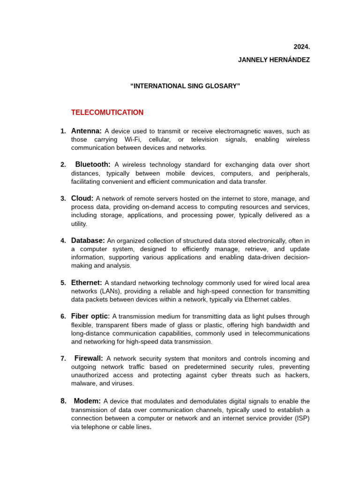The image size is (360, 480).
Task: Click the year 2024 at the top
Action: pos(301,47)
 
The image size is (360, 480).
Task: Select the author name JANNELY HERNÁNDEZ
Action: pos(274,60)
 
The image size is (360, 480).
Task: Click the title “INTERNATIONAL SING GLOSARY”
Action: pos(185,86)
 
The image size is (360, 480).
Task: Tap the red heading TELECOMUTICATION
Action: pos(107,112)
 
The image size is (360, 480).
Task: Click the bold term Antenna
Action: pos(86,131)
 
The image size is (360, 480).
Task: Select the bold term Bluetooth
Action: pos(93,165)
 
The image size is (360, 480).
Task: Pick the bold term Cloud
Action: pos(82,198)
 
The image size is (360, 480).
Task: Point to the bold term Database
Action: pos(88,240)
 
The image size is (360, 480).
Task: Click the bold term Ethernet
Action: pos(86,283)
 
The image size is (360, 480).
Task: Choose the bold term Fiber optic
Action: pos(90,316)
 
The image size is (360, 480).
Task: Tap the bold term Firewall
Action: pos(89,359)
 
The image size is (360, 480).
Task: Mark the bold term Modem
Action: pos(87,401)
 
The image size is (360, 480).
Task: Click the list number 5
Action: pos(63,283)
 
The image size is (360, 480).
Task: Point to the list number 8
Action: pos(63,401)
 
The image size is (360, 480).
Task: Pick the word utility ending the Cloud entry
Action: pos(79,224)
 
